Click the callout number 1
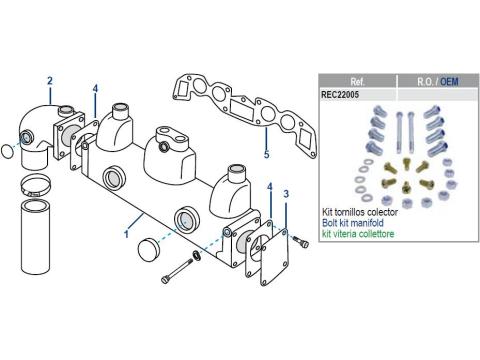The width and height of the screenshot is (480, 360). point(126,234)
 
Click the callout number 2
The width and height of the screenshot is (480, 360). point(50,81)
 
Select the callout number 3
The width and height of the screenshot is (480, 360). point(286,194)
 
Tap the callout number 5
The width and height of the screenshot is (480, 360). point(266,154)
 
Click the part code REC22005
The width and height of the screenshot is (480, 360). point(340,95)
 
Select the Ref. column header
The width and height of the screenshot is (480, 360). point(358,82)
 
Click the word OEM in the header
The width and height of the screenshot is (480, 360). point(449,82)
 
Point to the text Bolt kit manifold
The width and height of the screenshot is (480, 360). point(353,223)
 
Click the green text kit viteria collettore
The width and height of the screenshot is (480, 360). point(358,234)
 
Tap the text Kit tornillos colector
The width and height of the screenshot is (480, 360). point(360,212)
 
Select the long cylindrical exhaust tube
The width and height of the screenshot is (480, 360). point(36,236)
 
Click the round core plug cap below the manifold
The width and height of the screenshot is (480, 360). point(148,248)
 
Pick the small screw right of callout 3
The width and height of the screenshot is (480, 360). point(301,242)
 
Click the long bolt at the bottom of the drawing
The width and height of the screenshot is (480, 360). point(177,271)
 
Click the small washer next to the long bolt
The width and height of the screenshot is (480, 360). point(196,255)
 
